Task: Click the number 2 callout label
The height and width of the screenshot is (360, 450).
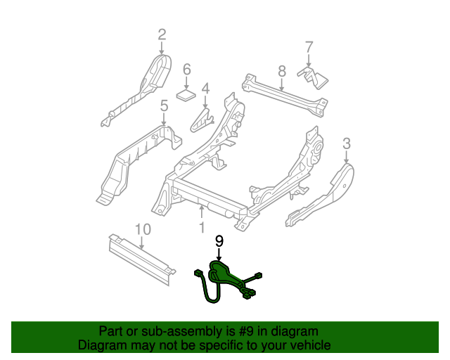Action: (x=162, y=34)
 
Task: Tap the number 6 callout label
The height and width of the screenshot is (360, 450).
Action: (x=187, y=70)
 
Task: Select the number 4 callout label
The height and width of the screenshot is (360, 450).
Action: (x=205, y=89)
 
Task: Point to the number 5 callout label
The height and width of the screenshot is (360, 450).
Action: (x=164, y=106)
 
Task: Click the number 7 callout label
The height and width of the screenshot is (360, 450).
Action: (x=308, y=48)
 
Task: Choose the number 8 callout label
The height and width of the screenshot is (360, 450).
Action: (x=282, y=70)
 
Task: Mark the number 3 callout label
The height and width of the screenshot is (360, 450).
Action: (x=346, y=144)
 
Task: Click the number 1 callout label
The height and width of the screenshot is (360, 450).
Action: (x=202, y=228)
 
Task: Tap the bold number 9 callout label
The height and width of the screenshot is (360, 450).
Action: (x=219, y=241)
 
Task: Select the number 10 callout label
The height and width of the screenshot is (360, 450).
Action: (x=142, y=229)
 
